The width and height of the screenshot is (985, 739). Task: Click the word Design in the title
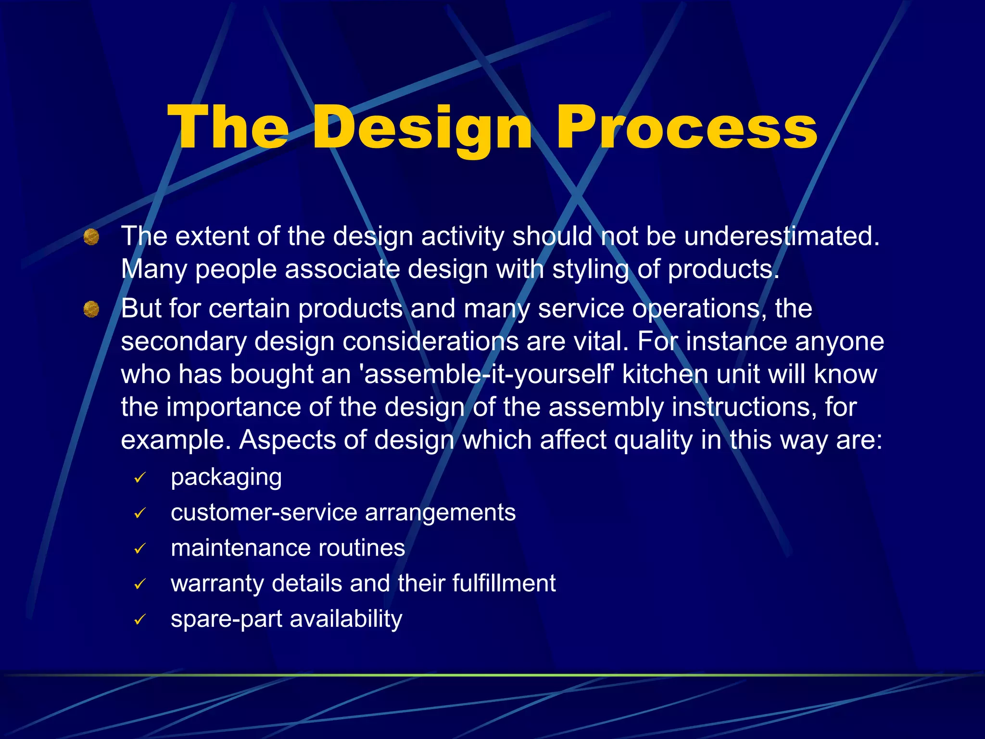tap(422, 129)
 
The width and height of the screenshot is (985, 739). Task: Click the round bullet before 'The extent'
tap(91, 237)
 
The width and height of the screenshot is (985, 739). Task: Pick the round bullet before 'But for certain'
tap(91, 309)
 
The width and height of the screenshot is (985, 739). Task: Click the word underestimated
tap(782, 236)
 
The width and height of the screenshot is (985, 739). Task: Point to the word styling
tap(590, 269)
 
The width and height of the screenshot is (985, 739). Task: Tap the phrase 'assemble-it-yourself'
tap(486, 374)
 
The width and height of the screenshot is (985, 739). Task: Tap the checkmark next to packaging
tap(140, 478)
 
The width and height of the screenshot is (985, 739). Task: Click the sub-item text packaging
tap(226, 478)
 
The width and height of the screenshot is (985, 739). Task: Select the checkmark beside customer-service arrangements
tap(140, 513)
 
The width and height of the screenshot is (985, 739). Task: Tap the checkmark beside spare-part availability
tap(140, 619)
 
